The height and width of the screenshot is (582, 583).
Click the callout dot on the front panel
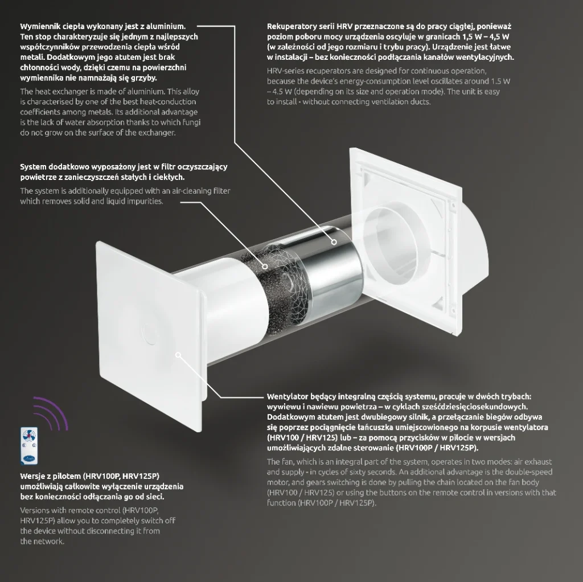coord(179,354)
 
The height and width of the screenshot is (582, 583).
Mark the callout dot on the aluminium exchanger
coord(333,241)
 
